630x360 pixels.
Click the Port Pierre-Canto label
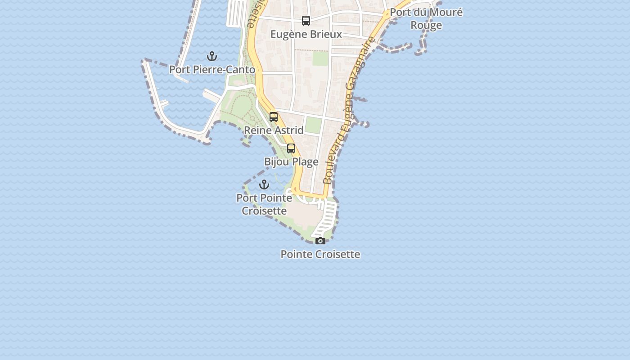212,70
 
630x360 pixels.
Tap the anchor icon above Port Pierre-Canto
212,57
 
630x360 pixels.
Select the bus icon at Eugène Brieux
306,21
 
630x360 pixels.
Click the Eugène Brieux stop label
306,34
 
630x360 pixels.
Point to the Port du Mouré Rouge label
426,18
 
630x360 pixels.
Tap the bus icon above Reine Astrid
274,117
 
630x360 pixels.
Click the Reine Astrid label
274,130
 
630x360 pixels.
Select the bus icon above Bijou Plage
291,148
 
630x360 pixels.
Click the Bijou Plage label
291,162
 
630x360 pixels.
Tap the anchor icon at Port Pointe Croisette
264,184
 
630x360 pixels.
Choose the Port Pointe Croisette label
264,204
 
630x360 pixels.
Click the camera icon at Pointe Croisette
320,241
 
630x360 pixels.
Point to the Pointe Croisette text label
320,254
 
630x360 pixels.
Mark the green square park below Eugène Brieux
320,59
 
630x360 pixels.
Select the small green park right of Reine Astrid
313,125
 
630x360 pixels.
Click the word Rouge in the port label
426,25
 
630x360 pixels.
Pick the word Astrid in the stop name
289,130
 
